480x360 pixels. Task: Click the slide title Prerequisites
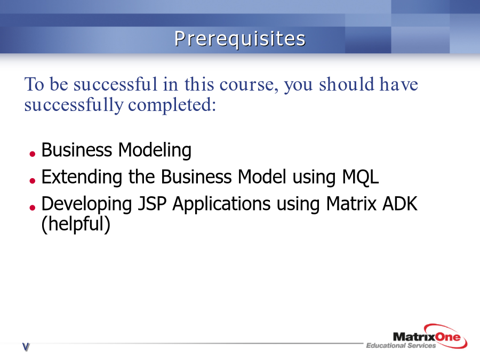(x=240, y=39)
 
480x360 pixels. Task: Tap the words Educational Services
(x=401, y=346)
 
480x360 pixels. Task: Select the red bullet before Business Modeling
(x=33, y=154)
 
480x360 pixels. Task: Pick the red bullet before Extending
(x=33, y=181)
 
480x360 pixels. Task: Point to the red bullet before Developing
(x=33, y=207)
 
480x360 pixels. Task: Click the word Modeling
(x=155, y=150)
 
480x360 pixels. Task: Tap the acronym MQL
(x=361, y=177)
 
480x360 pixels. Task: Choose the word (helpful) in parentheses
(x=76, y=224)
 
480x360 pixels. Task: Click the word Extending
(x=82, y=177)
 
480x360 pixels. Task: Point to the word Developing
(x=86, y=204)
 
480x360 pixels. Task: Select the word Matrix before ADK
(x=351, y=204)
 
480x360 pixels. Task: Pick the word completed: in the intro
(x=172, y=105)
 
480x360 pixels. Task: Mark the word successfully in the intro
(x=74, y=105)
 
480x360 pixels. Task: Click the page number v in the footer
(x=26, y=347)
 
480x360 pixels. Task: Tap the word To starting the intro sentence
(x=34, y=84)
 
